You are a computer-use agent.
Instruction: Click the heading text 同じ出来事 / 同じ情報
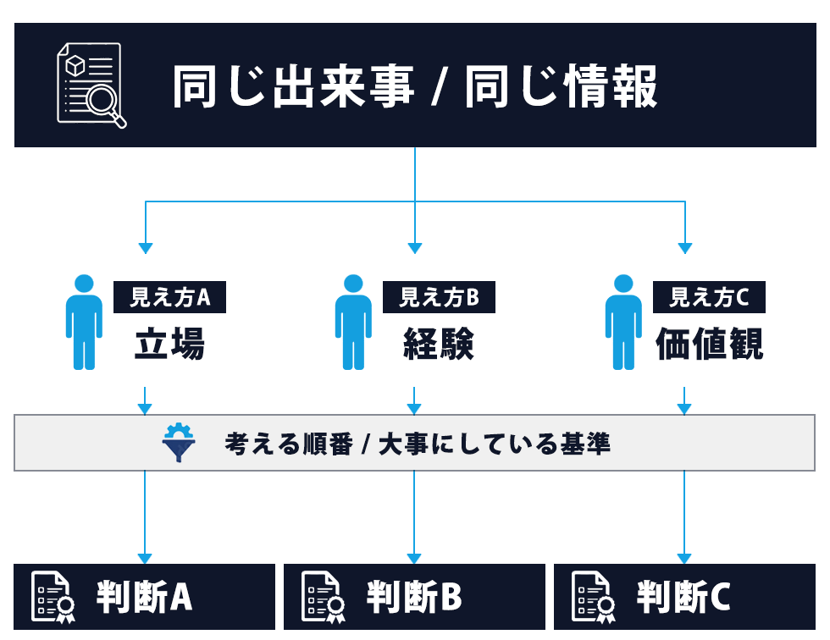(x=415, y=86)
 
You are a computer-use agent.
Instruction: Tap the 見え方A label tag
(x=169, y=297)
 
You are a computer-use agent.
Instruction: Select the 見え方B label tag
(x=439, y=297)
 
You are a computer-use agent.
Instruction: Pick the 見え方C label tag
(x=709, y=297)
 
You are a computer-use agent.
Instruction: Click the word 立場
(x=169, y=344)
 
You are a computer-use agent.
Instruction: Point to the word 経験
(x=438, y=344)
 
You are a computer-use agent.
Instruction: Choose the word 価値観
(x=710, y=344)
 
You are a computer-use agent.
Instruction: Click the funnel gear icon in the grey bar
(x=179, y=443)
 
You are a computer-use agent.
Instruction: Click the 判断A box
(x=145, y=597)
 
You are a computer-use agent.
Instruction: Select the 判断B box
(x=414, y=597)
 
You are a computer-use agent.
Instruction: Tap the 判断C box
(x=684, y=597)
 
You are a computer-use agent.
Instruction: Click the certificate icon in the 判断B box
(x=322, y=596)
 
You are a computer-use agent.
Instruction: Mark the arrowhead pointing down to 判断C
(x=684, y=559)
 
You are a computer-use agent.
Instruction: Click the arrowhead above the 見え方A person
(x=146, y=248)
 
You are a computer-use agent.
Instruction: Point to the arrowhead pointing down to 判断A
(x=145, y=559)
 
